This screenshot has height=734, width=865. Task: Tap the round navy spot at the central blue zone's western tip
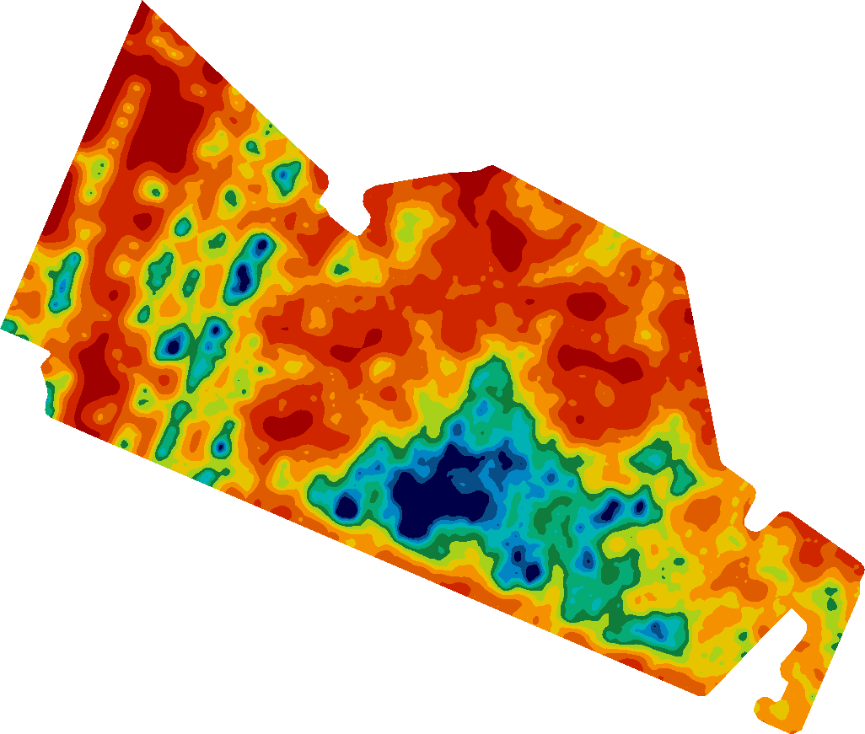point(347,506)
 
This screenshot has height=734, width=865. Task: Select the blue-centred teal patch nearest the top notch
point(284,174)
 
